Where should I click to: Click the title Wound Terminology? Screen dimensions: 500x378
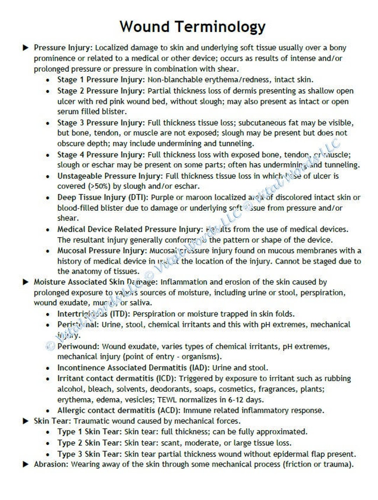click(x=192, y=27)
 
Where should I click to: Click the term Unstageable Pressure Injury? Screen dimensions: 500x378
click(x=111, y=176)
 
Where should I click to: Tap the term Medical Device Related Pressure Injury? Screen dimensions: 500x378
click(x=130, y=229)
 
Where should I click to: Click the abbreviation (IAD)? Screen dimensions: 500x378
click(x=200, y=368)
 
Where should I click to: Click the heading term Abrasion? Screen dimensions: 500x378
click(x=52, y=464)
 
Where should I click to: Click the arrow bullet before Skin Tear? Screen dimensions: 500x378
click(x=26, y=421)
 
